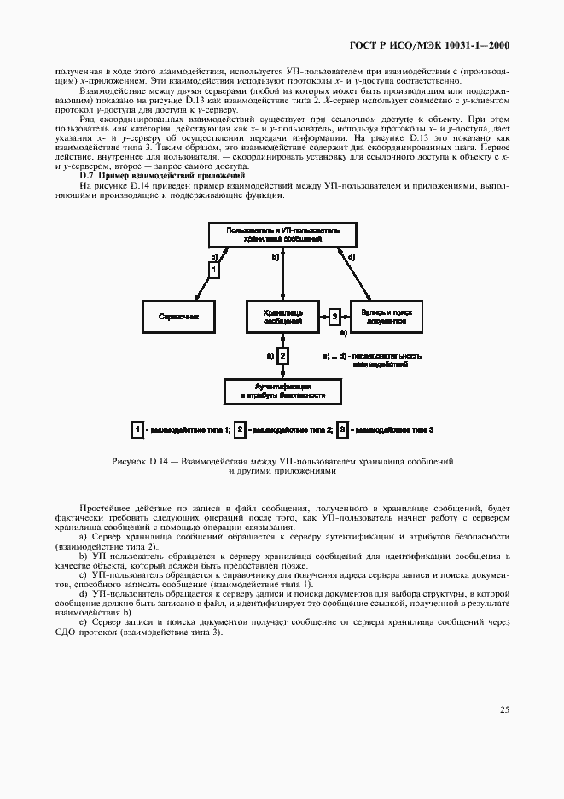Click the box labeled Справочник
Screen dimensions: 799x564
pyautogui.click(x=178, y=316)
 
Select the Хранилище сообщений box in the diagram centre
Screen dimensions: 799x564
pyautogui.click(x=282, y=316)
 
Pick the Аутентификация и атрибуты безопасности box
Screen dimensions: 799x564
pyautogui.click(x=282, y=391)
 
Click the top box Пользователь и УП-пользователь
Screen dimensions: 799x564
pyautogui.click(x=282, y=235)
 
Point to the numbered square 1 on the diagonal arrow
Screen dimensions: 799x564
pyautogui.click(x=213, y=269)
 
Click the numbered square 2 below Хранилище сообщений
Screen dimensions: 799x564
pyautogui.click(x=283, y=354)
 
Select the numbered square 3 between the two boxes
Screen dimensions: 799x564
pyautogui.click(x=335, y=316)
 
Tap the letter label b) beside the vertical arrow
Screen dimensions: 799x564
pyautogui.click(x=275, y=256)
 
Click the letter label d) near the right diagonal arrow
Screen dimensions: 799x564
pyautogui.click(x=352, y=256)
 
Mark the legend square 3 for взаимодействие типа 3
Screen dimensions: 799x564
pyautogui.click(x=342, y=429)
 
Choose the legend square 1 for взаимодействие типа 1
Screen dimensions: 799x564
pyautogui.click(x=137, y=429)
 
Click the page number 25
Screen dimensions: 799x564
pyautogui.click(x=504, y=709)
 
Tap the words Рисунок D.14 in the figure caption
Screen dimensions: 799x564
pyautogui.click(x=138, y=461)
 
